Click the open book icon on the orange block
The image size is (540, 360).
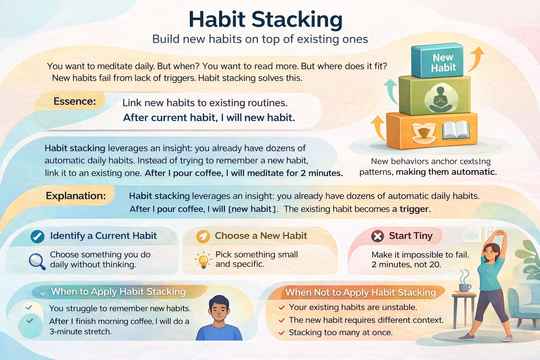456,130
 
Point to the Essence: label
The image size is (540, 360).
75,101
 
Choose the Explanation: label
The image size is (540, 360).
76,195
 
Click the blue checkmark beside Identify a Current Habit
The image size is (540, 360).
37,236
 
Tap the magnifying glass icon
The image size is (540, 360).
37,261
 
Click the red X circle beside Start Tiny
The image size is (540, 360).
378,236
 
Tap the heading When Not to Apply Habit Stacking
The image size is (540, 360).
360,292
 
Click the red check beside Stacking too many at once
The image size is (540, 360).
282,333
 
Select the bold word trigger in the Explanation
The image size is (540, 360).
414,209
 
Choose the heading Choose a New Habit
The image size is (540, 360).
261,236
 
